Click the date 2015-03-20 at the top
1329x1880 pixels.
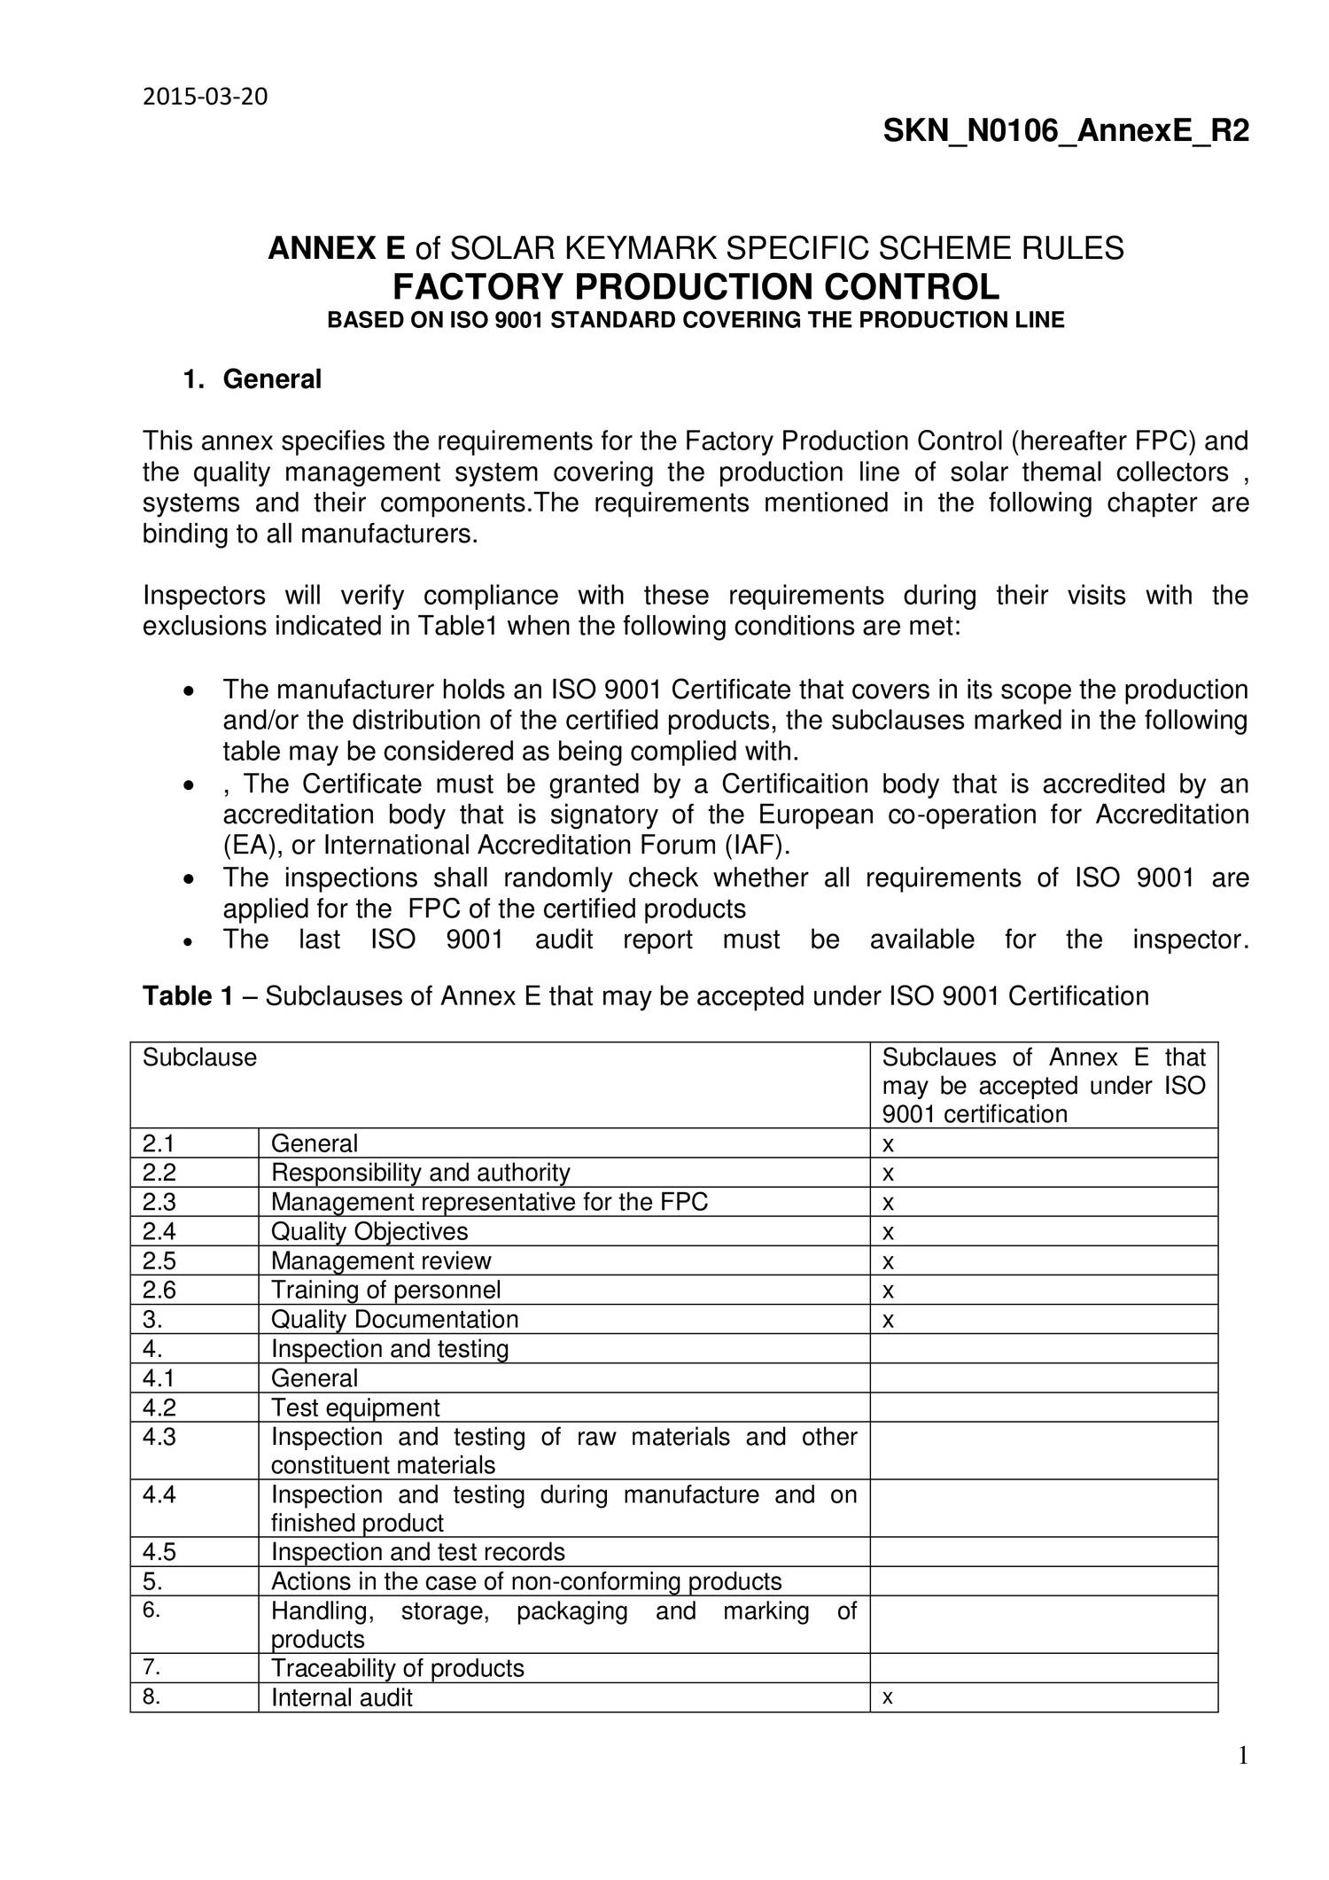[205, 97]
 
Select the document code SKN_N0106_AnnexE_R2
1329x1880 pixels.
[1065, 132]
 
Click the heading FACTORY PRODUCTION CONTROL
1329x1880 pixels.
[696, 286]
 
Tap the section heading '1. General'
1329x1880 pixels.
[253, 379]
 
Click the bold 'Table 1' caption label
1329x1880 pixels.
[188, 996]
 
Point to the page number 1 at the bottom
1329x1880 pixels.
[1242, 1755]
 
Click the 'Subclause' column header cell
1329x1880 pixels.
[200, 1057]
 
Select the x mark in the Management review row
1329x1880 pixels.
[889, 1261]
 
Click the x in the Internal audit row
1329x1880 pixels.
[888, 1697]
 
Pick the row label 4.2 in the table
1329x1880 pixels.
[159, 1408]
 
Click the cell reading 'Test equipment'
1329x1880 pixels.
[355, 1408]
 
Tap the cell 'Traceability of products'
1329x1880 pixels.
[398, 1668]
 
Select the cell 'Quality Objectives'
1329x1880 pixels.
[369, 1231]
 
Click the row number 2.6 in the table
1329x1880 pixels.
[159, 1290]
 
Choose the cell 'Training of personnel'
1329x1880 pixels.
[385, 1290]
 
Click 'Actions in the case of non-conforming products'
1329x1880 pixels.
[526, 1581]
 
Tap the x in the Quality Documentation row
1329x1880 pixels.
[889, 1321]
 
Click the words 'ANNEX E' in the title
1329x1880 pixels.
[337, 248]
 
